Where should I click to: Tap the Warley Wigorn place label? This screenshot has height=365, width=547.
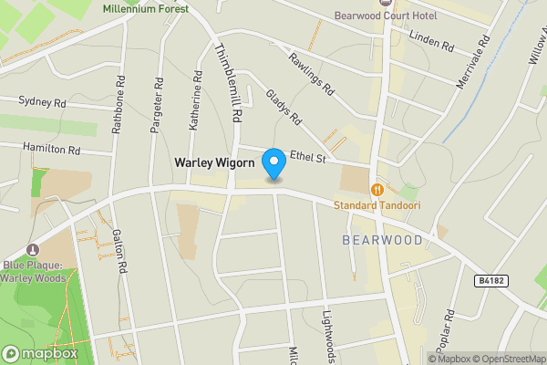click(x=217, y=164)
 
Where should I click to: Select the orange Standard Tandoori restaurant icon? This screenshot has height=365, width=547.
click(x=377, y=189)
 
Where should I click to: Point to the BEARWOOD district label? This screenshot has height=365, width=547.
click(x=383, y=240)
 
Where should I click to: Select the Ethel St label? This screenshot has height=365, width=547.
click(x=307, y=157)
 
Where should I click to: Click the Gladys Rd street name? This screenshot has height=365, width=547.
click(x=284, y=107)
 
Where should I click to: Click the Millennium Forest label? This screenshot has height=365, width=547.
click(x=145, y=8)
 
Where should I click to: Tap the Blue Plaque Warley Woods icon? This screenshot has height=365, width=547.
click(x=34, y=250)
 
